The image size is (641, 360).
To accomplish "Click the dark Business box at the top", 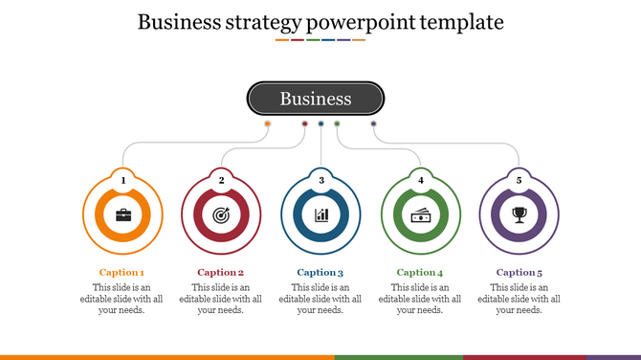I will click(x=316, y=99).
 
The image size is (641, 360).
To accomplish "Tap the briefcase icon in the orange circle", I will click(x=123, y=214).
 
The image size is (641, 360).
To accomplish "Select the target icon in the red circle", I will click(x=221, y=214).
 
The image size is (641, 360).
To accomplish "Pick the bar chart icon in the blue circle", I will click(x=321, y=214).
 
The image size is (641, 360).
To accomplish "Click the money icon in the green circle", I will click(x=420, y=214).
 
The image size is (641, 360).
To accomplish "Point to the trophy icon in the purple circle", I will click(x=519, y=214).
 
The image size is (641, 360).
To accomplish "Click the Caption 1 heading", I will click(x=122, y=272).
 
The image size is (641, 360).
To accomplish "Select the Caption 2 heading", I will click(x=221, y=272).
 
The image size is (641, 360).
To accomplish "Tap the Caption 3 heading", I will click(x=320, y=272).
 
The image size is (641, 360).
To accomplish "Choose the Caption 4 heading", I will click(x=420, y=272).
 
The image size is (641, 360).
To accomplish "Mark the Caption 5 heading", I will click(x=519, y=272).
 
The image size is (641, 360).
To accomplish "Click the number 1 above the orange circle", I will click(x=122, y=179).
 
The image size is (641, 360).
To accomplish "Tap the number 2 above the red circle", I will click(x=221, y=179).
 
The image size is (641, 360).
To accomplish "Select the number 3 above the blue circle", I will click(x=321, y=179).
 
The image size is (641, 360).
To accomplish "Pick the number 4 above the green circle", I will click(x=420, y=179).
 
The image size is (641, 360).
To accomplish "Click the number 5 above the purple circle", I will click(x=519, y=179).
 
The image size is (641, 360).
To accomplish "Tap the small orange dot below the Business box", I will click(x=267, y=124).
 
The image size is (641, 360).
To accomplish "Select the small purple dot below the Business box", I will click(x=373, y=124).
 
